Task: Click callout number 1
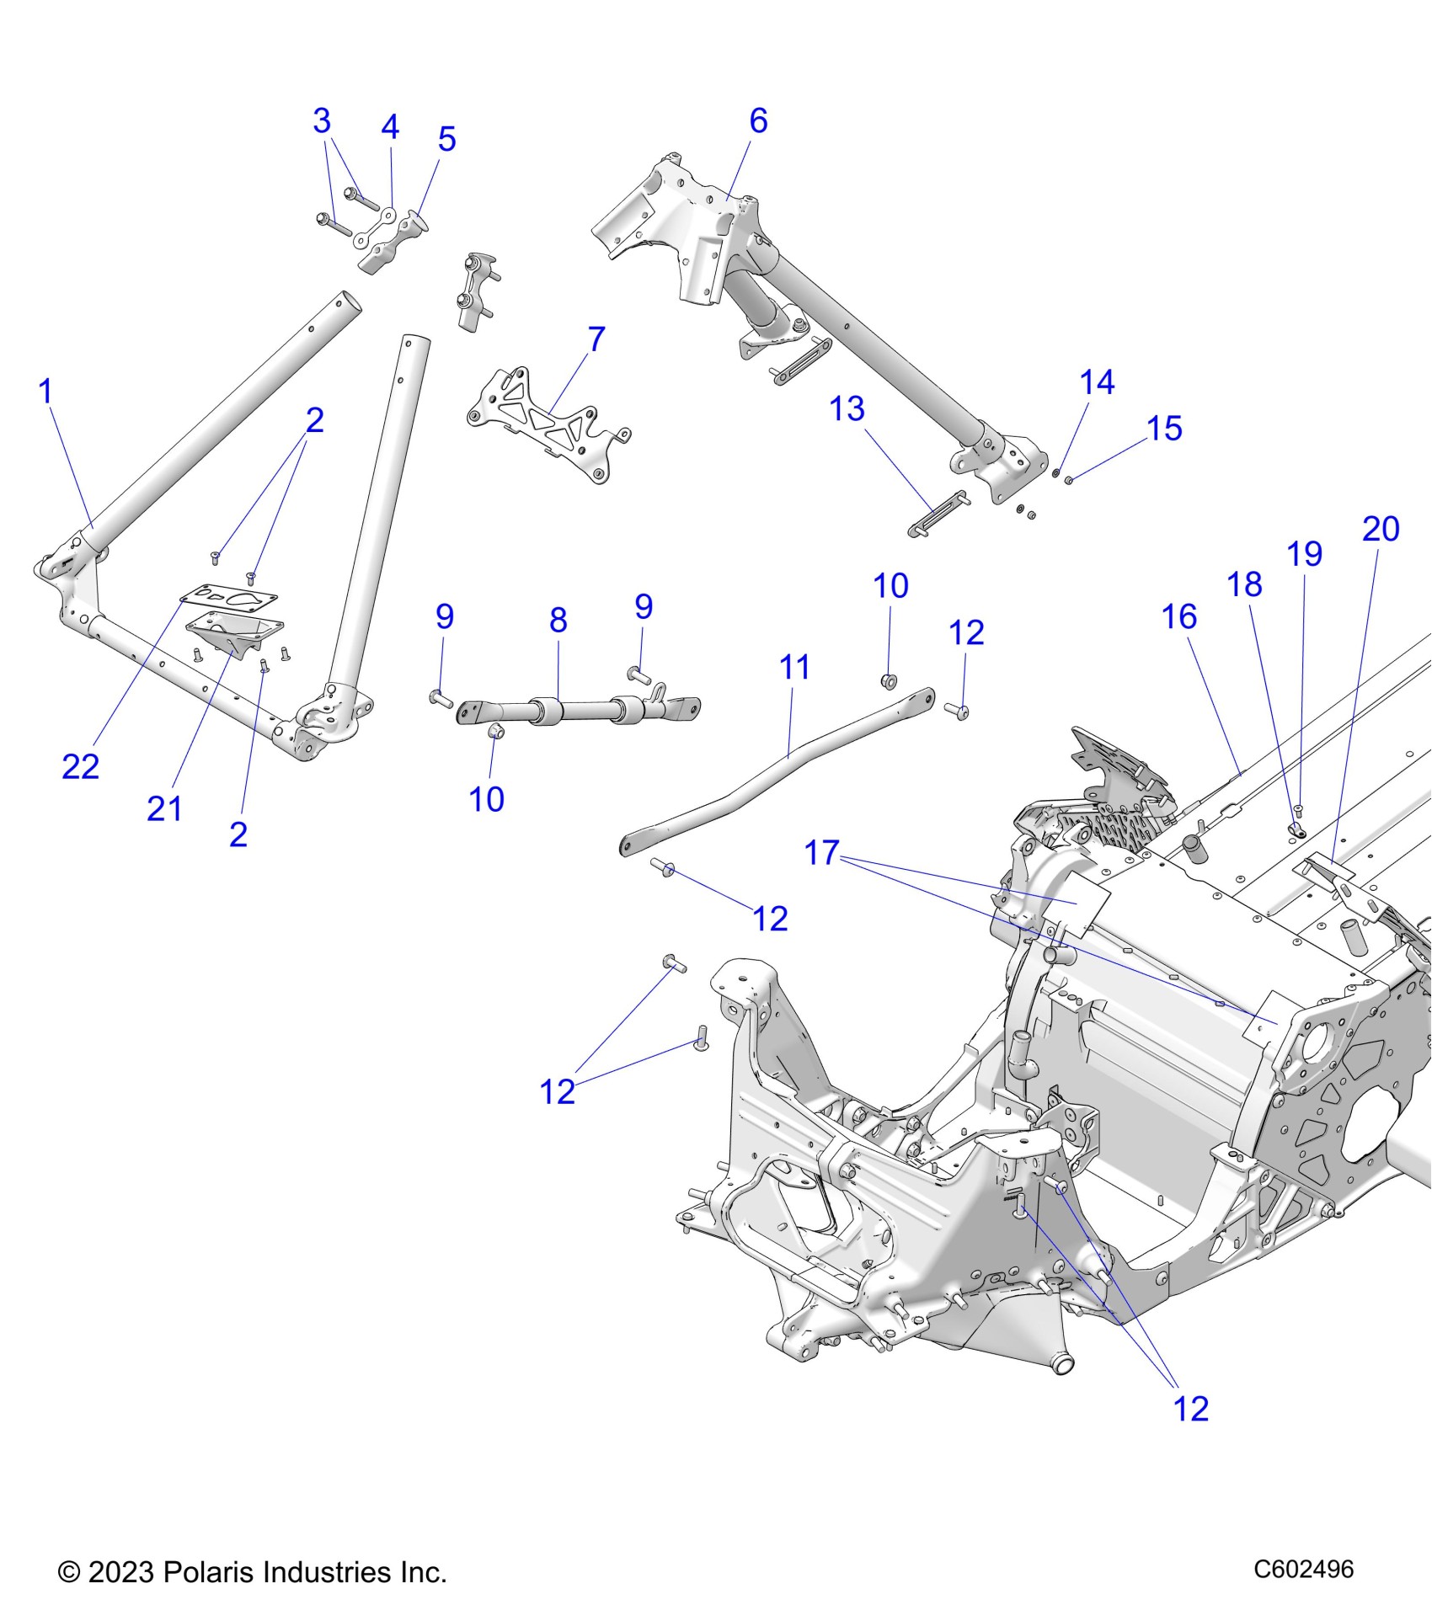(46, 392)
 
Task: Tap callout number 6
(758, 121)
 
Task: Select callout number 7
(596, 340)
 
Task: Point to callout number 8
(558, 621)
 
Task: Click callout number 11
(794, 668)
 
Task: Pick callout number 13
(847, 409)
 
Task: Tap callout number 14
(1097, 383)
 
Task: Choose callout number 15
(1164, 429)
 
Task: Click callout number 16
(1178, 617)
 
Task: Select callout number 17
(822, 853)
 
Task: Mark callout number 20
(1381, 530)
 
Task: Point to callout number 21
(164, 809)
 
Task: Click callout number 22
(80, 767)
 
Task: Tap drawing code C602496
(1303, 1569)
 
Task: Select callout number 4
(389, 127)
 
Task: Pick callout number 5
(446, 140)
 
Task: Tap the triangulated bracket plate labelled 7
(548, 426)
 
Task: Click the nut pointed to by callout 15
(1068, 481)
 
